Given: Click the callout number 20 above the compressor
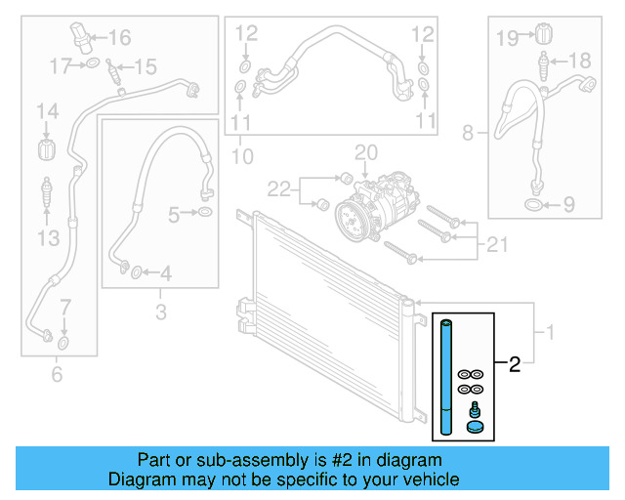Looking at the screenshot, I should click(365, 153).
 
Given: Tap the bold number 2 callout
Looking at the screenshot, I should click(515, 366).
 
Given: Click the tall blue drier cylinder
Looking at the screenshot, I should click(446, 376).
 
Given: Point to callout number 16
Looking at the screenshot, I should click(119, 39).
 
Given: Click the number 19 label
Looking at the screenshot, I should click(506, 38).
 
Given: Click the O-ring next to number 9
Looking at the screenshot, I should click(534, 205).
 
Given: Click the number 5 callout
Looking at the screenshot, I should click(173, 213).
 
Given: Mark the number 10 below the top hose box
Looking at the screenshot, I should click(241, 155).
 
